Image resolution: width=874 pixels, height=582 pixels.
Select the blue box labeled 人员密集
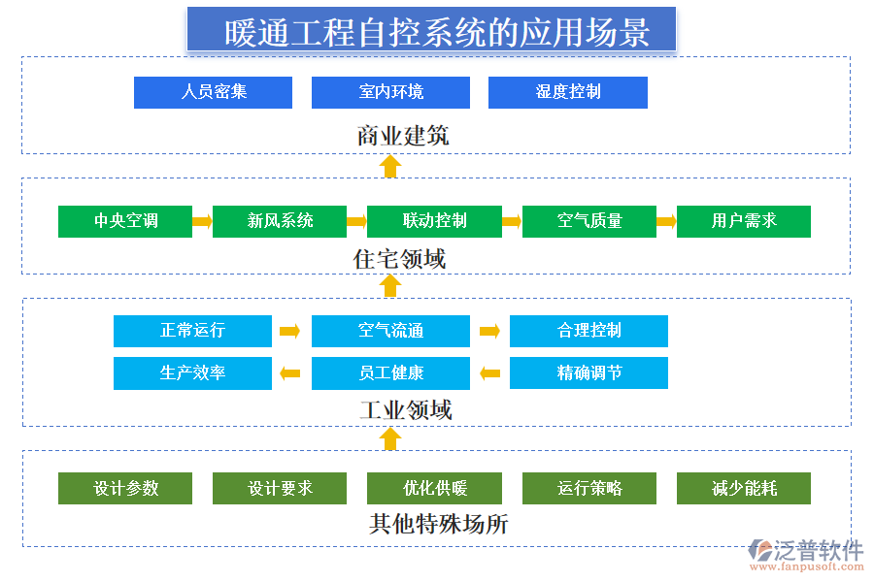[x=213, y=92]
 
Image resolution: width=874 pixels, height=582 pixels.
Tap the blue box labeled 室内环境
[x=390, y=92]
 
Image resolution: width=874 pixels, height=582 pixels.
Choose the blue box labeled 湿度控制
[x=567, y=92]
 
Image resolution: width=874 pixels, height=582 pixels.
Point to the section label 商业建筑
[x=402, y=135]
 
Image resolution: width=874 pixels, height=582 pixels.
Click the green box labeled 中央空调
[x=125, y=221]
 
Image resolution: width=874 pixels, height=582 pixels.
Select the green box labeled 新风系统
[x=280, y=221]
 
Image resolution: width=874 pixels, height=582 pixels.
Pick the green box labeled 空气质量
[x=589, y=221]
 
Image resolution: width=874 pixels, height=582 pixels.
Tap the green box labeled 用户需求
[x=743, y=221]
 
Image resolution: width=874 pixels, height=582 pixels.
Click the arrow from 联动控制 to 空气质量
[x=512, y=222]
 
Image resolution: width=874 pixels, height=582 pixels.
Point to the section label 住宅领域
[x=399, y=259]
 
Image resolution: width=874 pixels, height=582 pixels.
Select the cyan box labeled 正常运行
[x=192, y=331]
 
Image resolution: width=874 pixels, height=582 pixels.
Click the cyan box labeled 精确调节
[x=588, y=373]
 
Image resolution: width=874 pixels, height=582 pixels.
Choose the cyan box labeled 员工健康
[x=390, y=373]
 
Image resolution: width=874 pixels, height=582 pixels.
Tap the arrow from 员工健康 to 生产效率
[x=290, y=373]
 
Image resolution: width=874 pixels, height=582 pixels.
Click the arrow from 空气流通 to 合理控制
[x=489, y=332]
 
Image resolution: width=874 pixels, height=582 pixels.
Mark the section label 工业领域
[x=405, y=409]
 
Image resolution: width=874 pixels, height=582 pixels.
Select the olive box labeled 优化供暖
[x=434, y=489]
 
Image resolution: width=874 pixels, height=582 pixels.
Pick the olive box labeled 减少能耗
[x=743, y=489]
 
